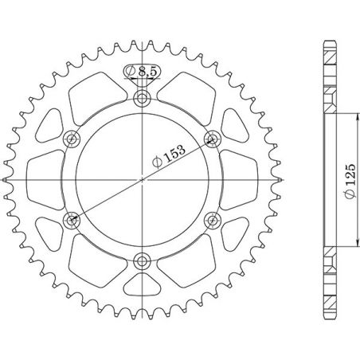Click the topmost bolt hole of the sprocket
143,99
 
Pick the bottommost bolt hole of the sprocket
143,259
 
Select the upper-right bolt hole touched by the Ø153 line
212,139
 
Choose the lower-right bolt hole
212,219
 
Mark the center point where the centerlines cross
143,179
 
